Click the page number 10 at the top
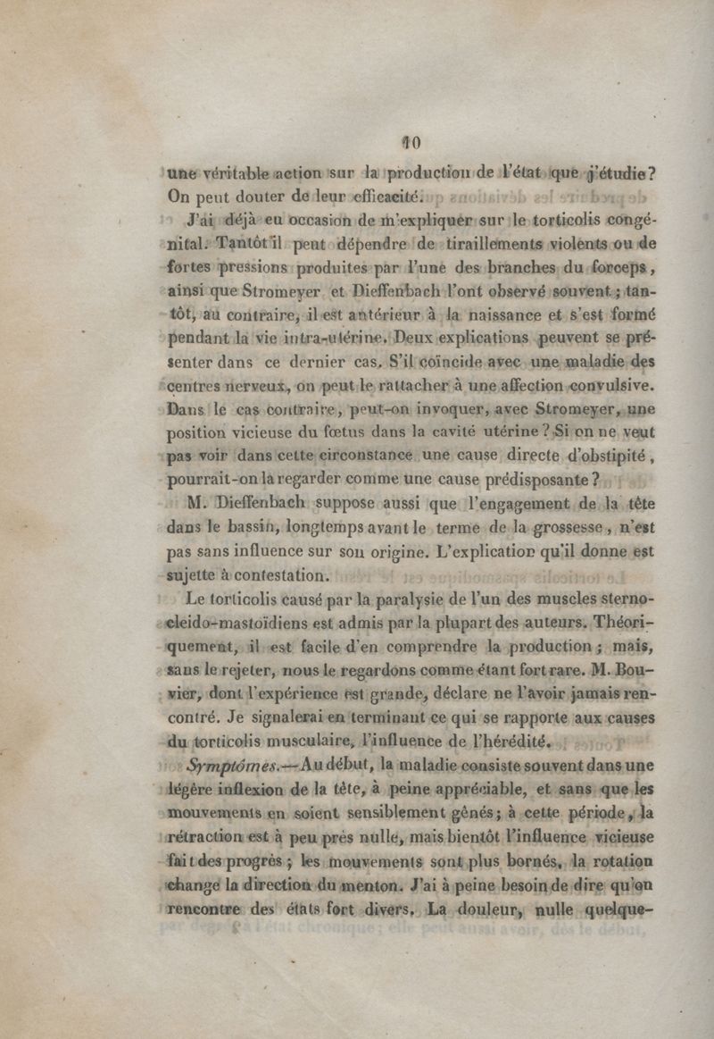(x=411, y=141)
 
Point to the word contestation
(x=282, y=573)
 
